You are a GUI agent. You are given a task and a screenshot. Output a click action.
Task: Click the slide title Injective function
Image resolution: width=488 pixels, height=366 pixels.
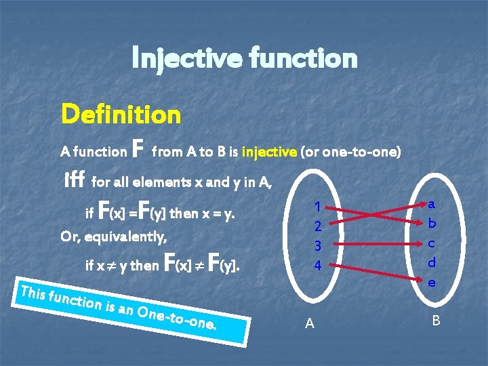(244, 58)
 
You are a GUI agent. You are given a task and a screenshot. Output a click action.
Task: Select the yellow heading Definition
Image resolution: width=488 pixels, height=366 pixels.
(121, 114)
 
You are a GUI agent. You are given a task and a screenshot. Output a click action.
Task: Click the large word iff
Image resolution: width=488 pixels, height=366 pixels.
(73, 180)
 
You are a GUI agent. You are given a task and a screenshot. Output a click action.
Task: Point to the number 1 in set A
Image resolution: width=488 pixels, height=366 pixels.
(317, 206)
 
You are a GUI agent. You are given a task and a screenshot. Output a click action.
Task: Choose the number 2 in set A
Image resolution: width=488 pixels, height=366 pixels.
(317, 226)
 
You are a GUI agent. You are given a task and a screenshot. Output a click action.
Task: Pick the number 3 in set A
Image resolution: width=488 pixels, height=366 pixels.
(317, 245)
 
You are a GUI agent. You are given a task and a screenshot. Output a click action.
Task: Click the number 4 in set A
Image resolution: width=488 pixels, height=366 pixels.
(317, 266)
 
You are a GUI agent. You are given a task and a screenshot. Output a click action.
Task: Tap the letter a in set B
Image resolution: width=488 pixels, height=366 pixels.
(432, 203)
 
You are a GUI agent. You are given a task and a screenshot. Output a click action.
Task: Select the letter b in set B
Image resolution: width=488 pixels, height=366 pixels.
(432, 222)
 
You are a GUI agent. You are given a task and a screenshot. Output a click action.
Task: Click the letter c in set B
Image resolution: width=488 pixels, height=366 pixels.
(432, 242)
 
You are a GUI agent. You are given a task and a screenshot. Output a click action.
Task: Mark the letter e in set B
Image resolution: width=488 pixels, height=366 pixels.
(432, 281)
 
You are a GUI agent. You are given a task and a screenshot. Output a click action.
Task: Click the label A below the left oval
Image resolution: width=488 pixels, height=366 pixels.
(309, 323)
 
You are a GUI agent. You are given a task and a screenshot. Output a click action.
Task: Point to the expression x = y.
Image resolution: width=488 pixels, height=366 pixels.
(220, 214)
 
